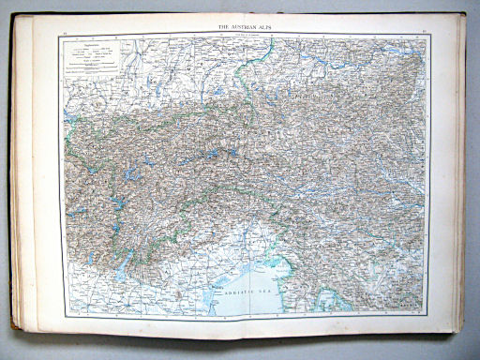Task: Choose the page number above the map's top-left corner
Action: pos(64,32)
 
